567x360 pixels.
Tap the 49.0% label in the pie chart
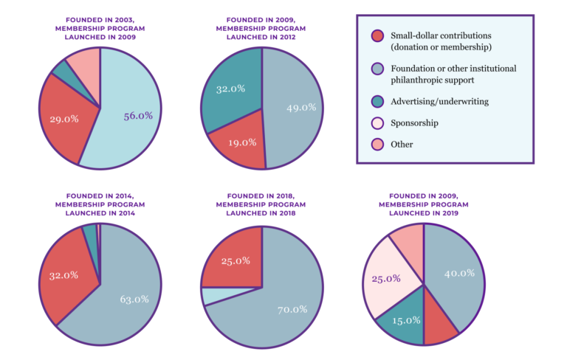300,107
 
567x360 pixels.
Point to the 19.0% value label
242,142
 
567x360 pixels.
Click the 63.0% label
134,299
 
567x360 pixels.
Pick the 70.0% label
292,310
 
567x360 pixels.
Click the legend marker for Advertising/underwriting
377,102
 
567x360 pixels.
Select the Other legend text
402,145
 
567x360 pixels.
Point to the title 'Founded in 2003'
100,21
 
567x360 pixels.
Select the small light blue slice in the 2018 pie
213,295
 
